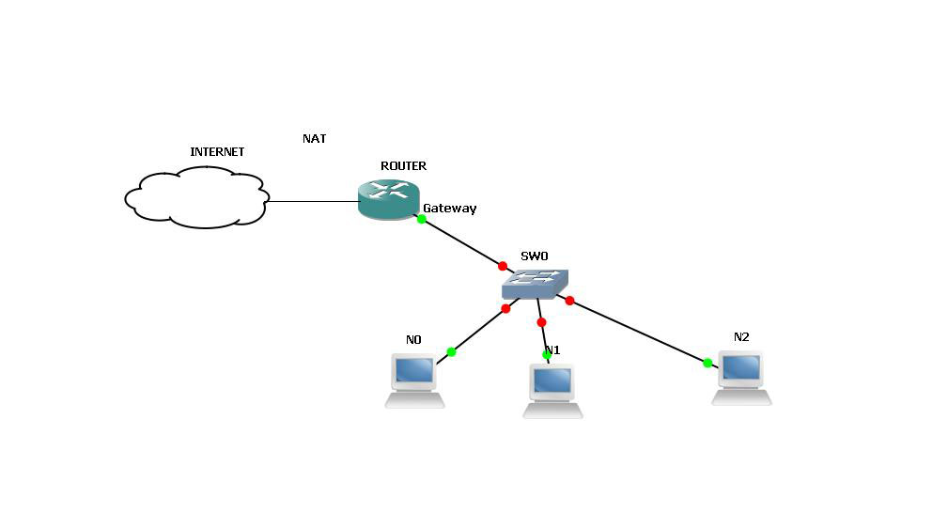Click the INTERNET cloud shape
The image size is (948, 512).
[x=195, y=197]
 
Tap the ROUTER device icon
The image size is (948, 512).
[x=388, y=198]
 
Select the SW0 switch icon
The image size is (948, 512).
[x=535, y=284]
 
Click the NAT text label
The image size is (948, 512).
[x=314, y=139]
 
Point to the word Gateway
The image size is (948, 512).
[x=449, y=209]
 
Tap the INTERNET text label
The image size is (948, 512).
[x=217, y=152]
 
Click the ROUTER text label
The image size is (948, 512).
[x=403, y=166]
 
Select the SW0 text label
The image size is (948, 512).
[x=534, y=256]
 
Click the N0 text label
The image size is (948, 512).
[x=413, y=340]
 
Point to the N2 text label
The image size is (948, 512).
[x=741, y=337]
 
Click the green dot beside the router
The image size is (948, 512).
[x=422, y=219]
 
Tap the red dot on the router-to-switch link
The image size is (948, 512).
[x=503, y=266]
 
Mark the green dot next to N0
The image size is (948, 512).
[x=451, y=351]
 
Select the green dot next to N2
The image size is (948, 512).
[x=707, y=363]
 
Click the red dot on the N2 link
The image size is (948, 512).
[x=569, y=301]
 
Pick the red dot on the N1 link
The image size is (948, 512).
[x=541, y=322]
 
